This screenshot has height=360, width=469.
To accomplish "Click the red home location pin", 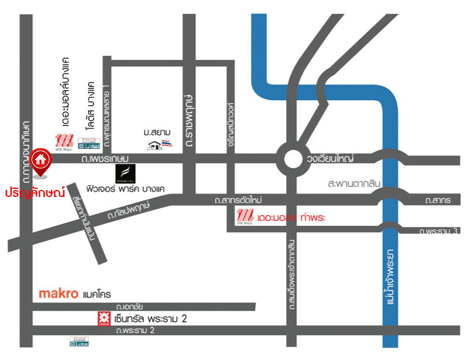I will [40, 162].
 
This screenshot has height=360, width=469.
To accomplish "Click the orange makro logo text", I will [58, 293].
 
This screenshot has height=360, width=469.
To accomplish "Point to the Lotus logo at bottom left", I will [80, 341].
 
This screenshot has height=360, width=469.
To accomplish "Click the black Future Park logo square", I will [125, 174].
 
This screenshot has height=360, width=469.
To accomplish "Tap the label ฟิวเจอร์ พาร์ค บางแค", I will [133, 189].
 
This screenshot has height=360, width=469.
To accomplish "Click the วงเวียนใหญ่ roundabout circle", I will [293, 158].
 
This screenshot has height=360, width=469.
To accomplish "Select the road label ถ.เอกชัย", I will [130, 306].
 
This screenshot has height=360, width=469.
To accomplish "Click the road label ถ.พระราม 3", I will [438, 230].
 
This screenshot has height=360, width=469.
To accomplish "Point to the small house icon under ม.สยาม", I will [155, 145].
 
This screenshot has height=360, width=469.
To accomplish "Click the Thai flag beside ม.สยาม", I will [168, 144].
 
